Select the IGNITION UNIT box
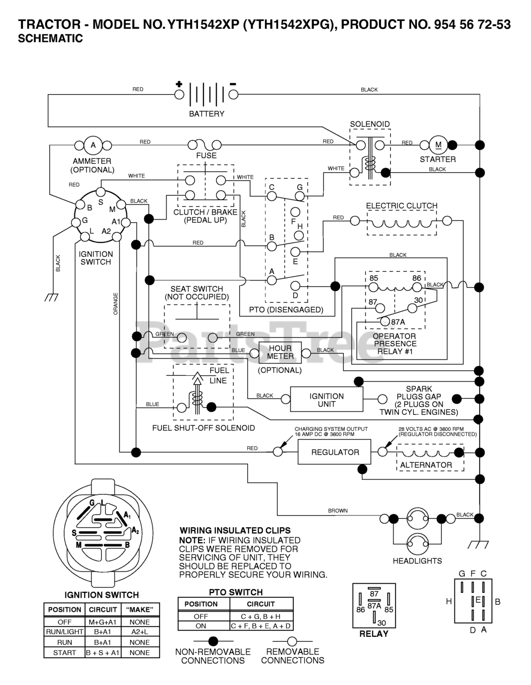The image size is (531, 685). (326, 400)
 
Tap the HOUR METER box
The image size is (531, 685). (280, 352)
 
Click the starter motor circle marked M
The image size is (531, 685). (438, 144)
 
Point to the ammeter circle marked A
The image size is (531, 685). (93, 144)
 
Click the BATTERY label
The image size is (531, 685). (207, 114)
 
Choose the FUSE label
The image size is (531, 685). (206, 156)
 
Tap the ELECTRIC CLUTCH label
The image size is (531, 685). (401, 205)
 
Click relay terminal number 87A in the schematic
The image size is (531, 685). (398, 322)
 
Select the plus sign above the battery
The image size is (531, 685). (179, 84)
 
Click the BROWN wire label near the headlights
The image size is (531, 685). (338, 511)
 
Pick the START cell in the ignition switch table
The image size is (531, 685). (64, 653)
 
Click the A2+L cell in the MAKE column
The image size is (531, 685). (139, 632)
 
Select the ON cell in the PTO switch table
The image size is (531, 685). (201, 626)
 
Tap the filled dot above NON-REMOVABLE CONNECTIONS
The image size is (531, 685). (213, 641)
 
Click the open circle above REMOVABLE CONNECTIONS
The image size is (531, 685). (292, 641)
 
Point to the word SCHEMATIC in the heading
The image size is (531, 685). (50, 39)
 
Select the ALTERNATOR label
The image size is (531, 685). (426, 465)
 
